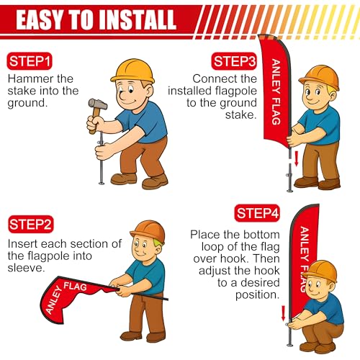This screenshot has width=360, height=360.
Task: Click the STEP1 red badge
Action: [30, 61]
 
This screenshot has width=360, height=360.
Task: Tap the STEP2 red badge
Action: [30, 225]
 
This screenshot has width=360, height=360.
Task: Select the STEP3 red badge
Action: [234, 61]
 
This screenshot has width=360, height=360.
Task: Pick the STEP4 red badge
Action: [257, 213]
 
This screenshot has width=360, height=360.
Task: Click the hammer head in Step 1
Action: [98, 104]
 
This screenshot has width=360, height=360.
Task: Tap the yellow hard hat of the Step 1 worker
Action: [132, 71]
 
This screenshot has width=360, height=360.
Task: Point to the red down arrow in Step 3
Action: [297, 158]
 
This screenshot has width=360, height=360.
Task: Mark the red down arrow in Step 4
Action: [283, 313]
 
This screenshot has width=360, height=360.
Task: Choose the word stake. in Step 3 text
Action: [240, 114]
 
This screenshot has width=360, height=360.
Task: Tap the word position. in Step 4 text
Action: [257, 294]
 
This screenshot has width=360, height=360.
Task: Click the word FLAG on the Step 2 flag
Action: [75, 287]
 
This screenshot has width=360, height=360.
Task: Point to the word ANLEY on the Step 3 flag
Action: [276, 76]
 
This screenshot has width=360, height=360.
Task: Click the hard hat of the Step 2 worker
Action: [148, 232]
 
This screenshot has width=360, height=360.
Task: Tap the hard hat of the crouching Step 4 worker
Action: [320, 271]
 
